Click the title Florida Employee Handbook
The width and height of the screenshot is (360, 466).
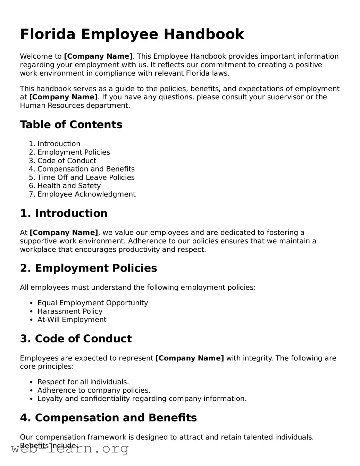(x=132, y=34)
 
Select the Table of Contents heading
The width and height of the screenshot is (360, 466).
(x=71, y=125)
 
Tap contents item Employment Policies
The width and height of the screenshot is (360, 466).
(x=74, y=152)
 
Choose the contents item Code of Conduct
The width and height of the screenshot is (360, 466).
(x=67, y=161)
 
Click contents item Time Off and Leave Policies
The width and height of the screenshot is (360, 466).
(x=86, y=177)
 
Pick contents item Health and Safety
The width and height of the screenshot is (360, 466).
(x=69, y=186)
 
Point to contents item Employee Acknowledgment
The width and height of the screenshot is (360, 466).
(x=86, y=194)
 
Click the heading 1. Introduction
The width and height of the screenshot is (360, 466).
(x=64, y=213)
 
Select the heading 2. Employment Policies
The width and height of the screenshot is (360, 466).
(x=89, y=268)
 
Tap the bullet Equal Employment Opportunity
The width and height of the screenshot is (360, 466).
(x=92, y=303)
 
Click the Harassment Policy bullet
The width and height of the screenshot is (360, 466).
(x=70, y=311)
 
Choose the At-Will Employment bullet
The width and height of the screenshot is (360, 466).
(x=72, y=320)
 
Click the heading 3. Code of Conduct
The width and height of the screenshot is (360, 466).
(x=76, y=339)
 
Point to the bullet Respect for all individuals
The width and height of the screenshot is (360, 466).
(x=83, y=382)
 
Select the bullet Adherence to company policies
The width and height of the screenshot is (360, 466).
(x=94, y=390)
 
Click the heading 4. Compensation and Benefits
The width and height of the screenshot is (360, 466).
(x=108, y=417)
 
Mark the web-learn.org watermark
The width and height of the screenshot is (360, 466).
(x=70, y=449)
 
